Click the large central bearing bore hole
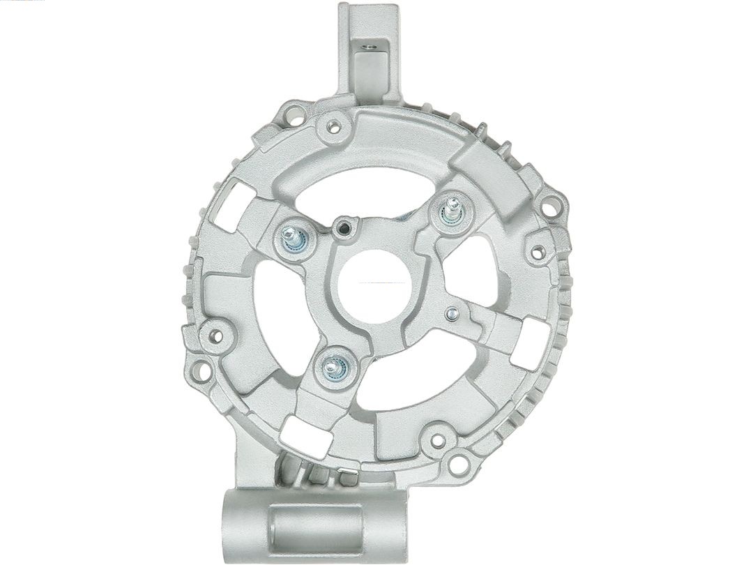(x=372, y=285)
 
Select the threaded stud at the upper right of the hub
(x=452, y=210)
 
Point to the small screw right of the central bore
(x=452, y=314)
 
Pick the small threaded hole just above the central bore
(x=343, y=226)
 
